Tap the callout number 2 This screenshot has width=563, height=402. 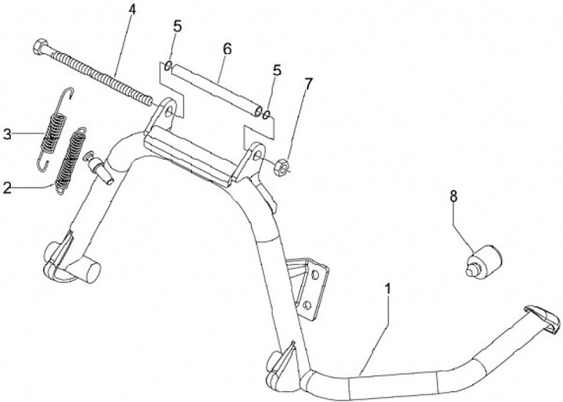7,187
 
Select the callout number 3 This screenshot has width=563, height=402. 7,134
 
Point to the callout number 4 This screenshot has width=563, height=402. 131,9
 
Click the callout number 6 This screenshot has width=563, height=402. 227,48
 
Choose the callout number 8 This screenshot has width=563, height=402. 453,196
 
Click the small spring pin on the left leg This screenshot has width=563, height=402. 100,167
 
